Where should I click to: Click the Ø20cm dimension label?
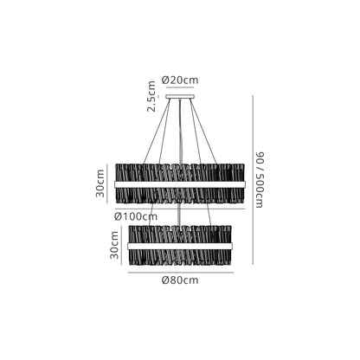point(180,80)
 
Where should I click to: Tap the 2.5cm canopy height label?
point(151,96)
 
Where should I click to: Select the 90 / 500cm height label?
point(259,179)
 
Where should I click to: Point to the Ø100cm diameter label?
point(136,216)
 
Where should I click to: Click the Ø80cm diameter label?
point(180,280)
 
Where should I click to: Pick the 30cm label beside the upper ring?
point(100,183)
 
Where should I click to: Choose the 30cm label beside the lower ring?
point(114,245)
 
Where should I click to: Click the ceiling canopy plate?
point(180,97)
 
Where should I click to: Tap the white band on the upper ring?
point(180,184)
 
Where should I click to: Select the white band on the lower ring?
point(180,246)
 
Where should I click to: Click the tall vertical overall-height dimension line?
point(253,180)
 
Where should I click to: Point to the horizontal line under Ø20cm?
point(180,87)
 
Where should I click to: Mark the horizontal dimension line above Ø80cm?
point(181,273)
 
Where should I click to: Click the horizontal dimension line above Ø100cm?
point(180,209)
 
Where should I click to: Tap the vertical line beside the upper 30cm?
point(107,183)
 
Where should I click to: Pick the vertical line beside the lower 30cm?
point(122,245)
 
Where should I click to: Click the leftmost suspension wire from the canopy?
point(157,132)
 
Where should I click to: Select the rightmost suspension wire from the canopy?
point(203,132)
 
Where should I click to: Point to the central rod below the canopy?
point(180,132)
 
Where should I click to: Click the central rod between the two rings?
point(180,215)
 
